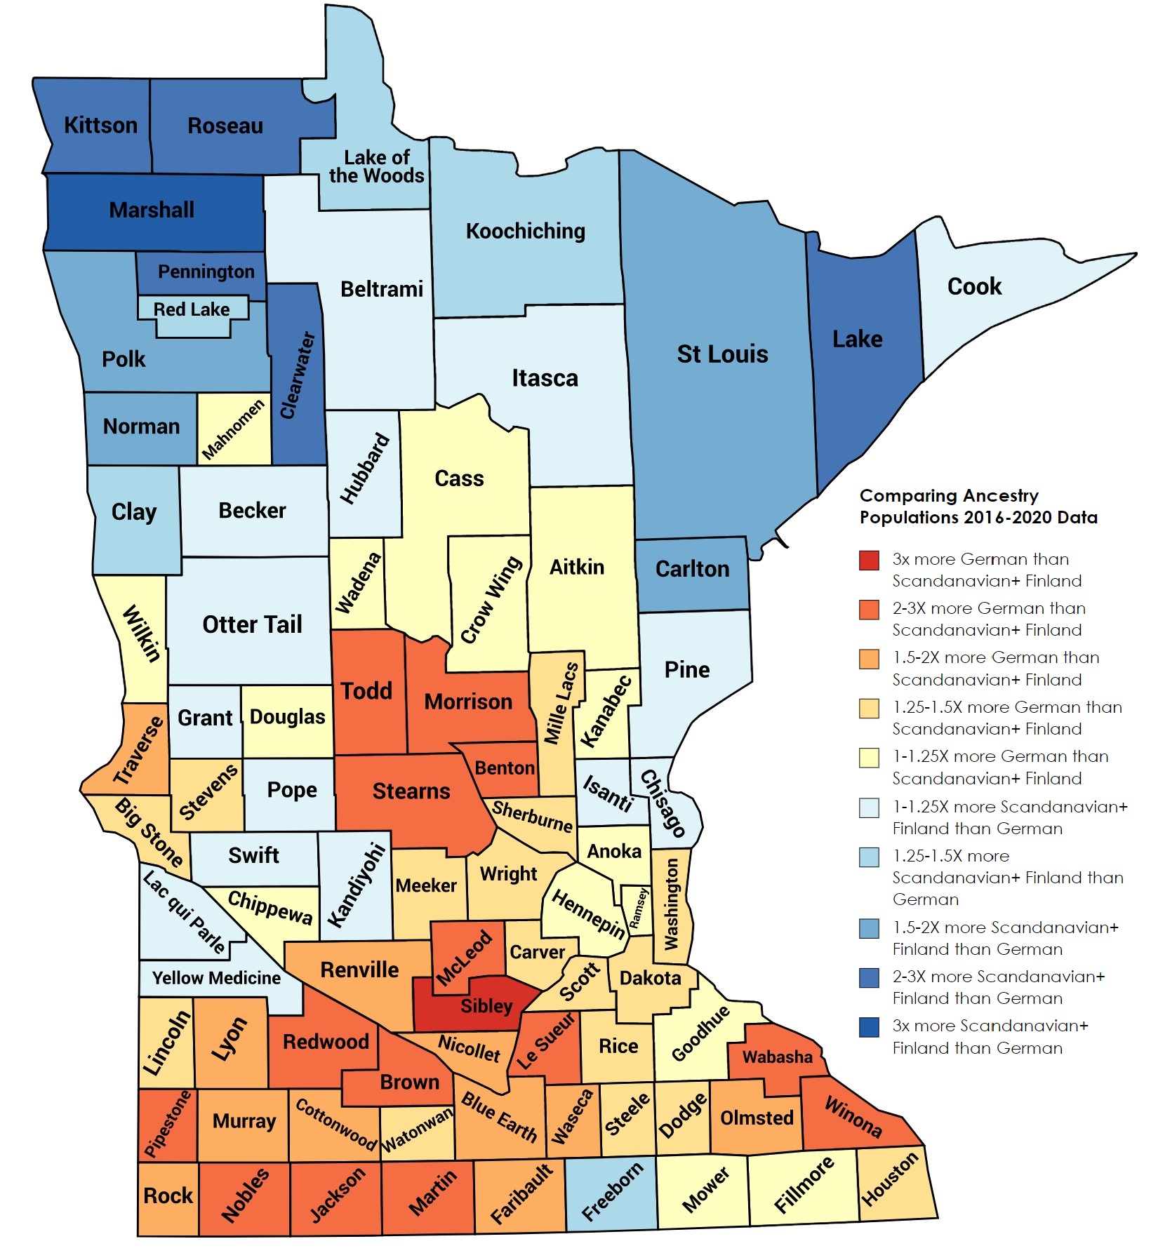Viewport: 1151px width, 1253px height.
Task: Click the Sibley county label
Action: (486, 1006)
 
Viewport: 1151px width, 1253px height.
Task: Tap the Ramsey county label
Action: (638, 909)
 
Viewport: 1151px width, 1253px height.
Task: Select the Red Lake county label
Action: (191, 309)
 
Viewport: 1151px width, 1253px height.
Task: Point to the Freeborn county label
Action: (612, 1191)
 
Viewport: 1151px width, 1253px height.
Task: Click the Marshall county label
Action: (152, 210)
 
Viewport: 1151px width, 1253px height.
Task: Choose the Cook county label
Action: (974, 286)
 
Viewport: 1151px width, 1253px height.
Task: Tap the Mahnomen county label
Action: (233, 429)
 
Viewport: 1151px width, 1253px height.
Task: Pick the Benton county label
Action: (505, 768)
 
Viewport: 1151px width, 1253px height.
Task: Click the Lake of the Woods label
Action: (377, 167)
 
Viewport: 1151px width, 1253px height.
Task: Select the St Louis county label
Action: (722, 354)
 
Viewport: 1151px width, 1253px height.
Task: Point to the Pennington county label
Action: (206, 272)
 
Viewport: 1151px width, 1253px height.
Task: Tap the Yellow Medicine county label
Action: (216, 978)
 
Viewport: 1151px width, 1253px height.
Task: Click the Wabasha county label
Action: (777, 1057)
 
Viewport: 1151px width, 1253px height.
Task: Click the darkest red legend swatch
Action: (869, 560)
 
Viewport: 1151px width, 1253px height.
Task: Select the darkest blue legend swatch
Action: (869, 1026)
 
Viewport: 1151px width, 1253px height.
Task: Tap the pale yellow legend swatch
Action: (869, 758)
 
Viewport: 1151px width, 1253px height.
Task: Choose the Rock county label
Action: (168, 1195)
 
